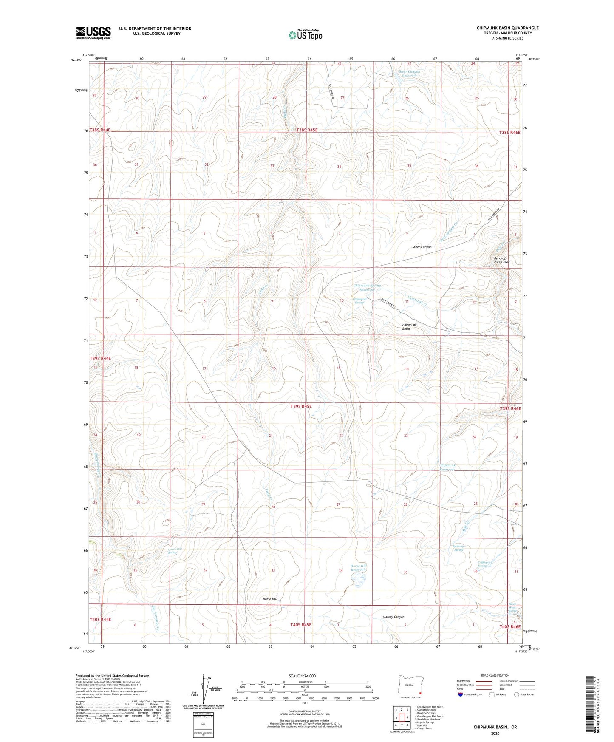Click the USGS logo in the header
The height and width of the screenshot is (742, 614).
coord(93,33)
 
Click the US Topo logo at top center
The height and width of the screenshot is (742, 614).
coord(305,35)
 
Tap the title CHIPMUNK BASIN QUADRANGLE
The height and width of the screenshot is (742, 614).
coord(507,28)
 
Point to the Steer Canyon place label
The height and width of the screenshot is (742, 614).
coord(422,247)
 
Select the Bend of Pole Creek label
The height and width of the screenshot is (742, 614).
coord(501,260)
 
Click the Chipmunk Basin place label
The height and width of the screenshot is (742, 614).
coord(409,326)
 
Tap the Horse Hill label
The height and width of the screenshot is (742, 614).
coord(270,599)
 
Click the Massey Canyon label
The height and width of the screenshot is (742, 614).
coord(393,617)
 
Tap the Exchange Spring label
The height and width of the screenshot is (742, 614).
coord(458,548)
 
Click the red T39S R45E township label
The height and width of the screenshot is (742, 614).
coord(301,406)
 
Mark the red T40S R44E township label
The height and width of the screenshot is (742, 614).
coord(100,620)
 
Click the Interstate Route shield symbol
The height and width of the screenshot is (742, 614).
coord(461,694)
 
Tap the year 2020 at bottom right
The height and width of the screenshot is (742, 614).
coord(495,733)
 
